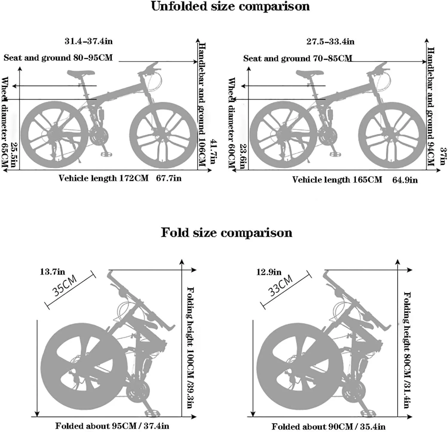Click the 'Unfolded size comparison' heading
(x=230, y=7)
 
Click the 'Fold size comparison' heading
(x=226, y=233)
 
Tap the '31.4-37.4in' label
(x=89, y=41)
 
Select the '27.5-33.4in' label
(x=330, y=41)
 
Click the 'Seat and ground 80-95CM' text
(x=58, y=58)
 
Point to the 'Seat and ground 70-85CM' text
(x=297, y=58)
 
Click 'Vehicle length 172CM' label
(x=103, y=178)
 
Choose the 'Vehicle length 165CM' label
(x=337, y=180)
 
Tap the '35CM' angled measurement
(x=65, y=286)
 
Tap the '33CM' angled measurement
(x=281, y=286)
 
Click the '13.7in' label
(x=52, y=272)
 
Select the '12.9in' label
(x=269, y=272)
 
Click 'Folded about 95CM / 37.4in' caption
(x=112, y=426)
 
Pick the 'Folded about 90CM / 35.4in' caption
(x=328, y=426)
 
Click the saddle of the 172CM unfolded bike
(x=81, y=73)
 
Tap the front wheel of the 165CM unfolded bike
(x=392, y=135)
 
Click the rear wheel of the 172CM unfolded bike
(x=54, y=134)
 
